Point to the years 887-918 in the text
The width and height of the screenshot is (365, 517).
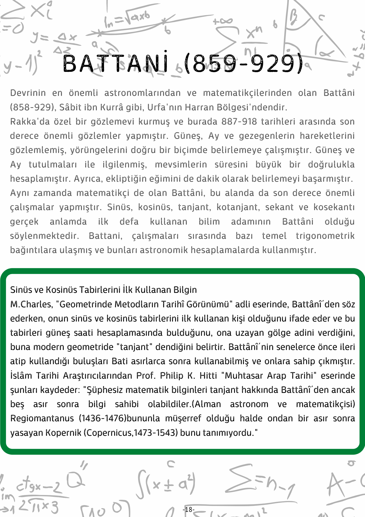pyautogui.click(x=239, y=121)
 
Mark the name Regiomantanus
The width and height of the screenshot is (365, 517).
pyautogui.click(x=42, y=419)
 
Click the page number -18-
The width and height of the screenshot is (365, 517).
pyautogui.click(x=188, y=509)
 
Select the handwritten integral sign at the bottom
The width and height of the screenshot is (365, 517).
pyautogui.click(x=141, y=483)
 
